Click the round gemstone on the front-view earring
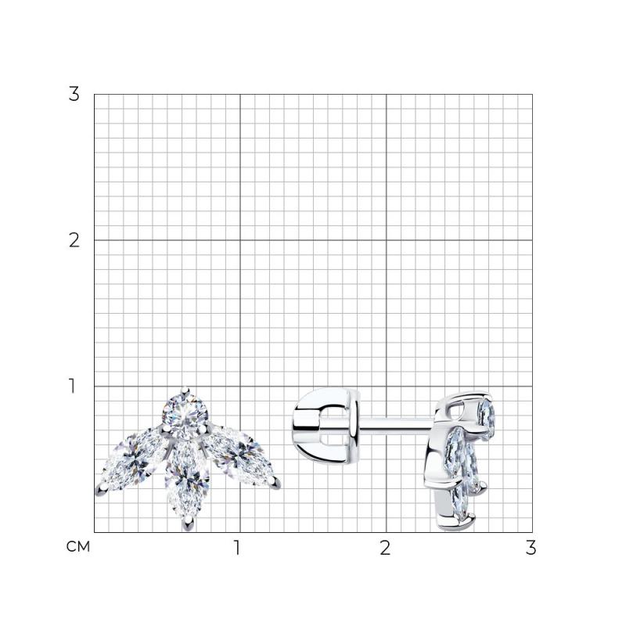tap(185, 413)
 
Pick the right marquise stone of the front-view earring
tap(239, 456)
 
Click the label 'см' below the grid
tap(77, 546)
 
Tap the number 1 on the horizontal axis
tap(237, 548)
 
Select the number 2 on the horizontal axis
tap(385, 548)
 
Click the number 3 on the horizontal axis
tap(531, 548)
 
